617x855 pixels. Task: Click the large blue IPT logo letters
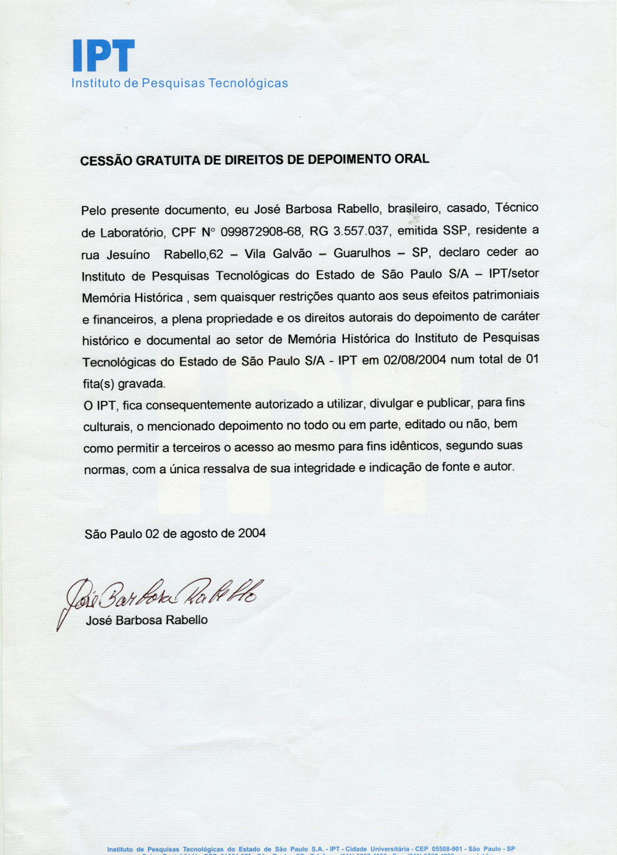click(x=103, y=55)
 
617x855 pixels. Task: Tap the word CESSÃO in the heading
click(x=107, y=161)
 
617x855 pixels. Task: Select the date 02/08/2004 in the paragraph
click(x=413, y=361)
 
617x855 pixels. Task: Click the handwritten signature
click(x=164, y=591)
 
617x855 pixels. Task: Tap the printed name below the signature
click(x=147, y=620)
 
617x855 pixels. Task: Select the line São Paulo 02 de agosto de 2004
click(x=175, y=533)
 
